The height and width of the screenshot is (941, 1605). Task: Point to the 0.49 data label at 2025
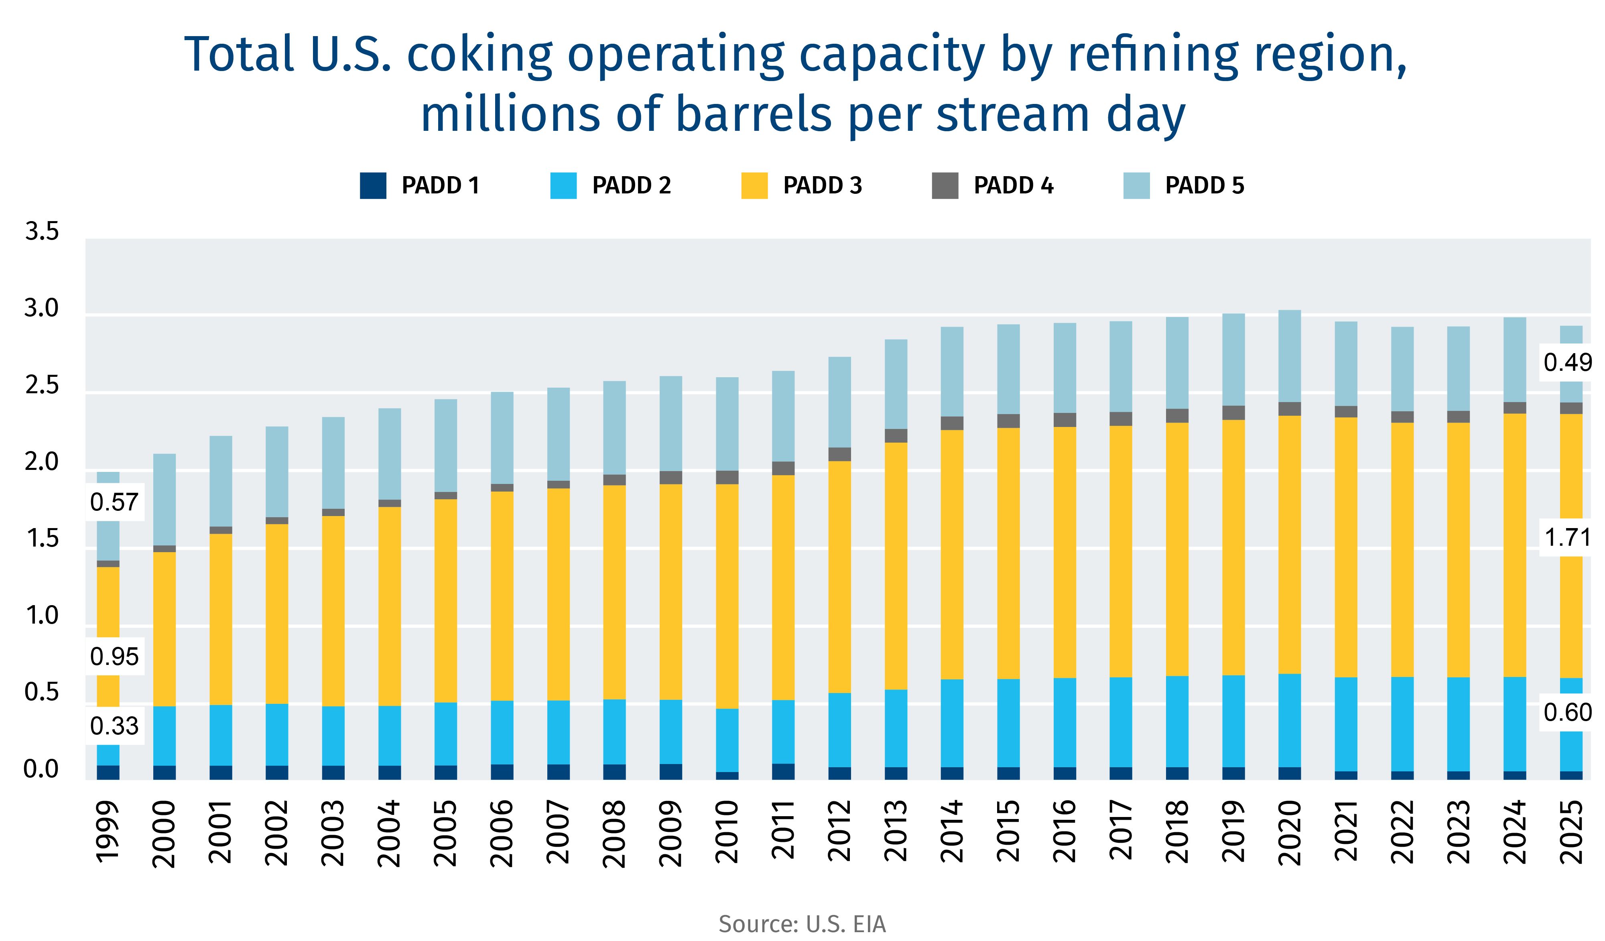[x=1567, y=362]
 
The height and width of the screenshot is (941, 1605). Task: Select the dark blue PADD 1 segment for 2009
[x=670, y=772]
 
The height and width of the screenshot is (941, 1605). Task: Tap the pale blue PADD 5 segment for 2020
[x=1289, y=356]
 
